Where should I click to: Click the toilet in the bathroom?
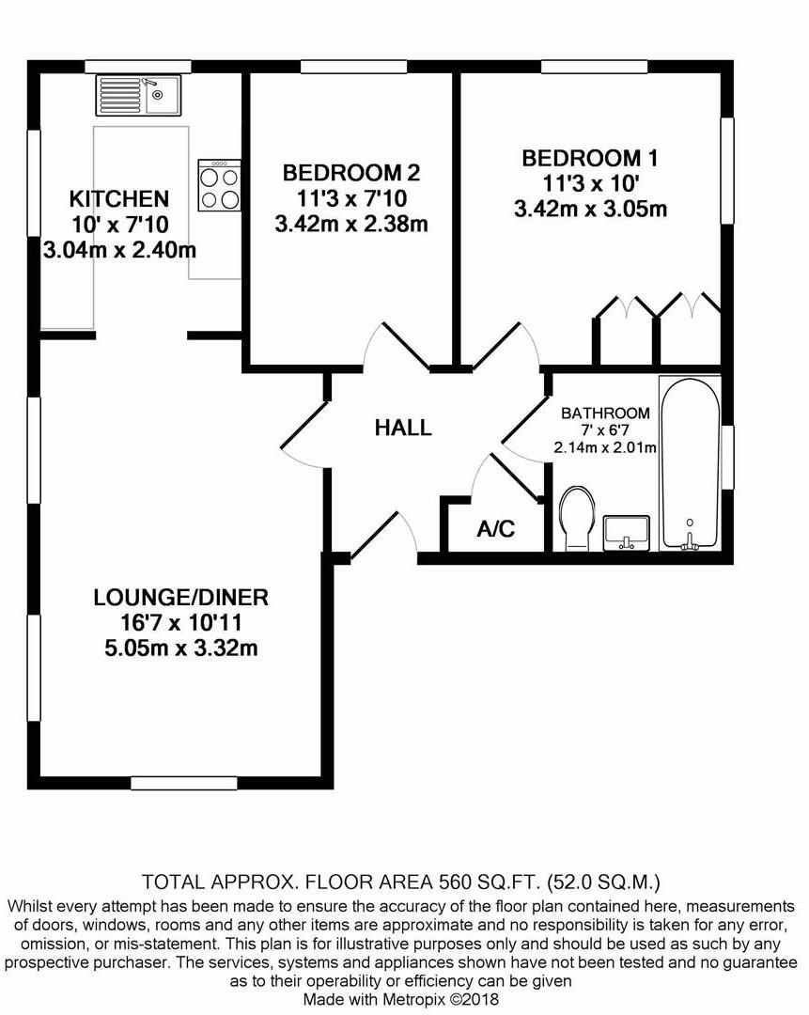pos(575,520)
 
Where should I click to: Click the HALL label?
pos(403,429)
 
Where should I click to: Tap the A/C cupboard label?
pos(496,529)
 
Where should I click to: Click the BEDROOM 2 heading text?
pos(351,173)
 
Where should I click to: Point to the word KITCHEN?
pos(119,199)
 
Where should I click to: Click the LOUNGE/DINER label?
pos(181,597)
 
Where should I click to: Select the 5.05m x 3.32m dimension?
pos(181,648)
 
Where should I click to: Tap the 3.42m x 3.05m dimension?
pos(590,209)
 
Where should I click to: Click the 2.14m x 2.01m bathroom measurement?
pos(605,447)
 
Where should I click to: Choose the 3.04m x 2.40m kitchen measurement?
pos(119,251)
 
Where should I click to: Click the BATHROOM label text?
pos(605,414)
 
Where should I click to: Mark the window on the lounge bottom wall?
pos(183,782)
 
